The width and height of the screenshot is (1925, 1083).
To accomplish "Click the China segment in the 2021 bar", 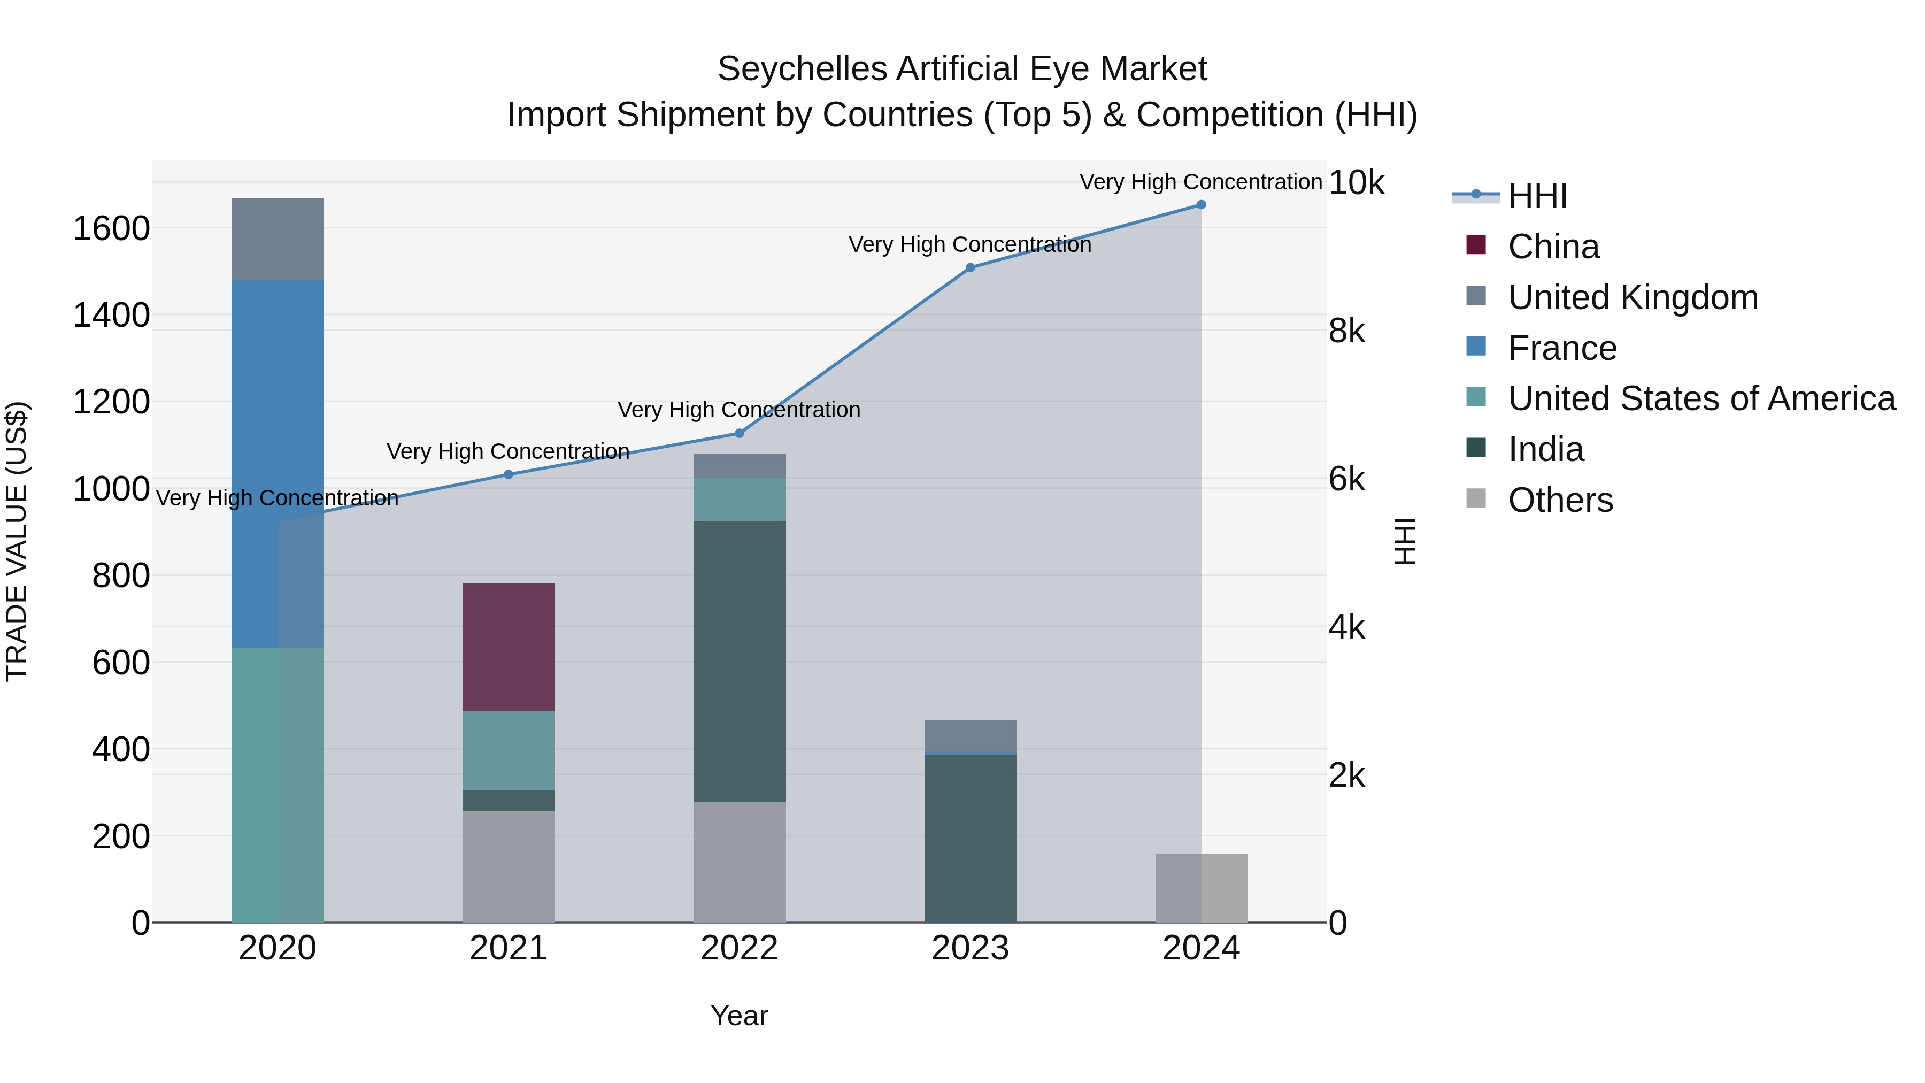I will tap(508, 647).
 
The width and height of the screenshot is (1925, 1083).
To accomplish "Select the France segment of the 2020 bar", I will tap(277, 463).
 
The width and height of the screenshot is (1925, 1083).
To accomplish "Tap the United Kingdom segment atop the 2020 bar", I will tap(277, 239).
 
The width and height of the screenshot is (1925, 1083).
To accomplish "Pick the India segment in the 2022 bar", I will tap(739, 662).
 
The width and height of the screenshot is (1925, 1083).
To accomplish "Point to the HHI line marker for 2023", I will tap(970, 267).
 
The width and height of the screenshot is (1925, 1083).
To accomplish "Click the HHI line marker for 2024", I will tap(1201, 205).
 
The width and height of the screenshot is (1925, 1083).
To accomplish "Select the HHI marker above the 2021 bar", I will tap(508, 474).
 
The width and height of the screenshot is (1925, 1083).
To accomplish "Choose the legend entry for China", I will tap(1553, 247).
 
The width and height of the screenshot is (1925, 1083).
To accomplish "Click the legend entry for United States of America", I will tap(1701, 398).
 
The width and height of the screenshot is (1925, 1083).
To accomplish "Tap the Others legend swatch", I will tap(1476, 498).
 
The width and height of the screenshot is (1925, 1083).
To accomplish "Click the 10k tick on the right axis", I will tap(1356, 182).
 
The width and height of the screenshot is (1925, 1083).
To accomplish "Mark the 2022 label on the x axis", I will tap(739, 948).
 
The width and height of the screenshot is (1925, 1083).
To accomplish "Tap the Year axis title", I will tap(739, 1016).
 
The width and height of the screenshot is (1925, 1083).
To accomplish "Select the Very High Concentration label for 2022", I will tap(739, 410).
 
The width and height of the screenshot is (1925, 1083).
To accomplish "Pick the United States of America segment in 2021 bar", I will tap(508, 750).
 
